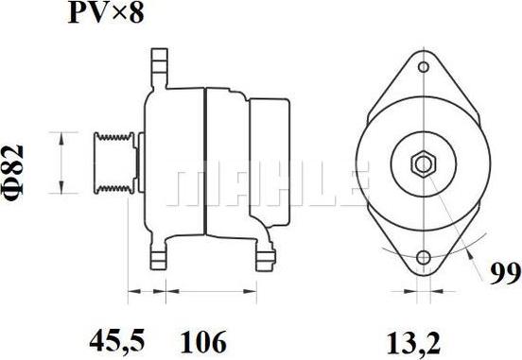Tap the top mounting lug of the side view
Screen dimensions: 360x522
point(160,69)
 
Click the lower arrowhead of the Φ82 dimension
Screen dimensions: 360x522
point(62,186)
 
